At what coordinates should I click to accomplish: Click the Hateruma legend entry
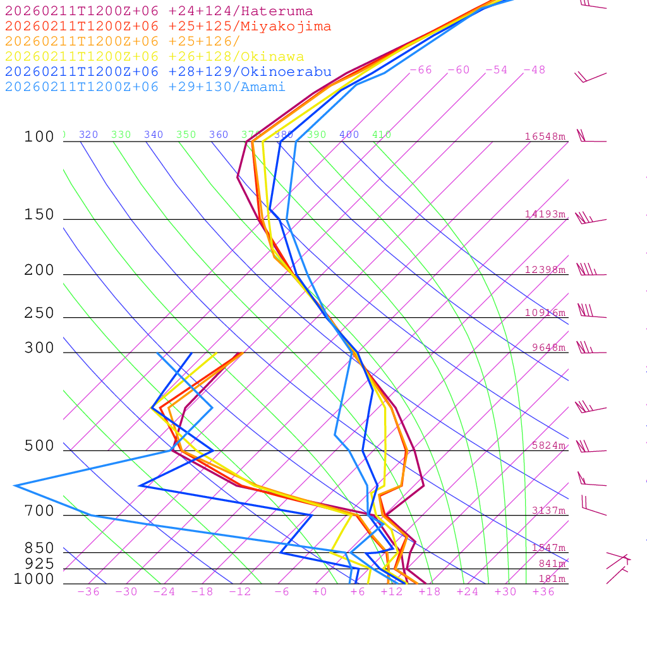[159, 11]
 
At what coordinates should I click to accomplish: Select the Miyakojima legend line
[167, 27]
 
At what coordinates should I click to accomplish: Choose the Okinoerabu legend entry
[167, 72]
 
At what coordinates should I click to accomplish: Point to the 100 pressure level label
[39, 137]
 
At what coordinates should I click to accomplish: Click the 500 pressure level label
[39, 446]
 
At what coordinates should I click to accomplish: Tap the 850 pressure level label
[39, 548]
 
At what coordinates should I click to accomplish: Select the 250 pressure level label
[39, 313]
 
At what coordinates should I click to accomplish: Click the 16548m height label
[545, 136]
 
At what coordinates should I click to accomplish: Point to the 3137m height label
[548, 511]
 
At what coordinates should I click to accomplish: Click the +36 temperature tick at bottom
[543, 592]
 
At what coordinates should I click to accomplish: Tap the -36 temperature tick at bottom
[88, 592]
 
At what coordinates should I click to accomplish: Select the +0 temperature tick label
[319, 592]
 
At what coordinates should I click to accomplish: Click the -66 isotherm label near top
[420, 70]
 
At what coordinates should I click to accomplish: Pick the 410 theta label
[382, 135]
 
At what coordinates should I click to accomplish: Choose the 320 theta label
[88, 135]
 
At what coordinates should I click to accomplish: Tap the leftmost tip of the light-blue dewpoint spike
[15, 485]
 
